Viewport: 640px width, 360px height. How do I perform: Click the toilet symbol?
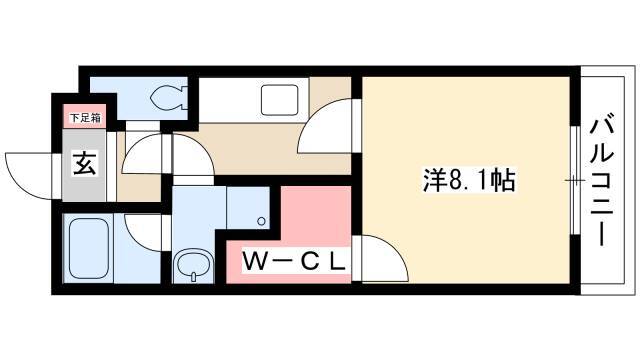coord(169,98)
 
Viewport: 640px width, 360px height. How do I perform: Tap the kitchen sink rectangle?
coord(280,100)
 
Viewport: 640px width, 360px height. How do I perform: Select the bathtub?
coord(89,248)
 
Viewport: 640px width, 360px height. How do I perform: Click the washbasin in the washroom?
coord(193,265)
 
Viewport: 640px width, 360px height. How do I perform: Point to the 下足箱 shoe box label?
coord(85,118)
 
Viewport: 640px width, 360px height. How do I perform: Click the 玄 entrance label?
coord(84,163)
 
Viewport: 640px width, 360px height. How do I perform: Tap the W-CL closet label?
coord(294,262)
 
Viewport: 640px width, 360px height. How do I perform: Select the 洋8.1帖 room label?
coord(468,180)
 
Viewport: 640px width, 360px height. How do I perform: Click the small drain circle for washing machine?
coord(261,222)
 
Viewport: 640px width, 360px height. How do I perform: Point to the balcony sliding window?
coord(575,180)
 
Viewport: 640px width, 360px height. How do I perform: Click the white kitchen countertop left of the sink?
coord(229,100)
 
